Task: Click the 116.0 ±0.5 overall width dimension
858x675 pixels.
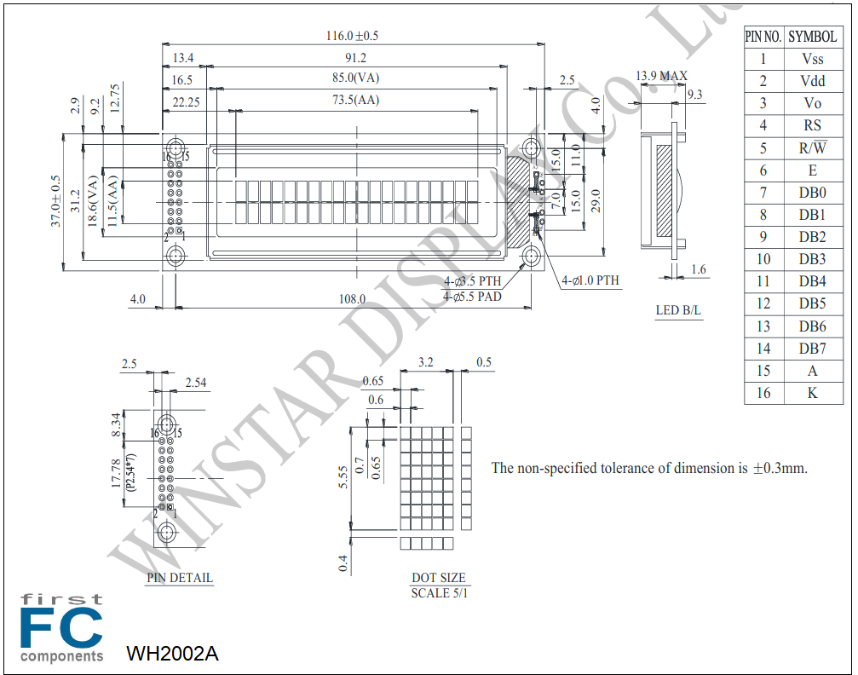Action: pyautogui.click(x=352, y=36)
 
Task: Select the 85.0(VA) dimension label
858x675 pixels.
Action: pyautogui.click(x=355, y=78)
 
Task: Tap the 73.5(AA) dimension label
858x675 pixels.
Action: pyautogui.click(x=355, y=100)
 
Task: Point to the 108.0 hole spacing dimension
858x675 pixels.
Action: pyautogui.click(x=352, y=299)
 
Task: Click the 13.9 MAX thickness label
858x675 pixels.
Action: pyautogui.click(x=661, y=76)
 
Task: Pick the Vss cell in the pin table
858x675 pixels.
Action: pyautogui.click(x=813, y=59)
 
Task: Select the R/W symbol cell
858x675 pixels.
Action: pyautogui.click(x=813, y=147)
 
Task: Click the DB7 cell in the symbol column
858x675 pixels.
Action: pyautogui.click(x=813, y=349)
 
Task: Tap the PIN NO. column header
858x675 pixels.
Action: pyautogui.click(x=763, y=37)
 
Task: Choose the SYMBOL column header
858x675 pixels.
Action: pyautogui.click(x=813, y=37)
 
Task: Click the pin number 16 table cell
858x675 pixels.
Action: pyautogui.click(x=763, y=393)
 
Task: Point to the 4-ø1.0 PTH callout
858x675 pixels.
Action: pyautogui.click(x=590, y=280)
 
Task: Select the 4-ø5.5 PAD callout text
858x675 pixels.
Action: pyautogui.click(x=472, y=297)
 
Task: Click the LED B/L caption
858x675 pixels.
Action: pyautogui.click(x=678, y=310)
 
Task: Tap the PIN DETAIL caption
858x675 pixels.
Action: pyautogui.click(x=180, y=578)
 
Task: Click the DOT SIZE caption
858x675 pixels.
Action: pyautogui.click(x=438, y=578)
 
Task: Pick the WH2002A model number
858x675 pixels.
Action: pyautogui.click(x=172, y=653)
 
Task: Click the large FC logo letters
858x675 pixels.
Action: pyautogui.click(x=61, y=627)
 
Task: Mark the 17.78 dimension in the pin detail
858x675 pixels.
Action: pyautogui.click(x=116, y=473)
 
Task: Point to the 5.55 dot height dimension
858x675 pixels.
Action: pyautogui.click(x=343, y=477)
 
